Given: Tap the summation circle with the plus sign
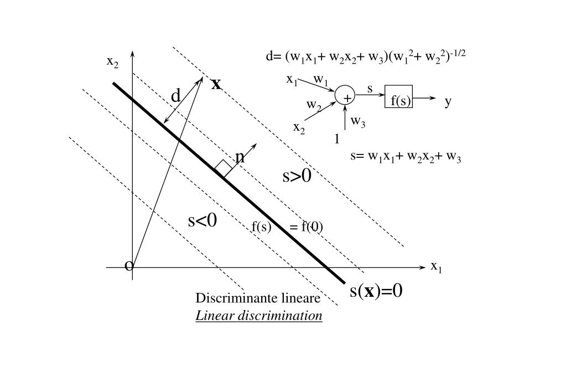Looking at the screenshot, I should pos(345,95).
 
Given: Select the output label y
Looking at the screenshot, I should pos(448,101).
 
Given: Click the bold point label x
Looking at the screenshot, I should pos(216,84).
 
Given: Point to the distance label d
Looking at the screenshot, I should pos(175,96).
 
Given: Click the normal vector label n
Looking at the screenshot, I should pos(240,157).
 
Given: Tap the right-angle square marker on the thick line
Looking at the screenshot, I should pos(224,168).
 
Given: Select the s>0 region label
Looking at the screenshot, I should pos(297,176).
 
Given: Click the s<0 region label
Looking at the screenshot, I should pos(202,220).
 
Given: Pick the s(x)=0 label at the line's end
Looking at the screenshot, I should pos(376,290).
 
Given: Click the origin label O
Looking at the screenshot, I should pos(129,266).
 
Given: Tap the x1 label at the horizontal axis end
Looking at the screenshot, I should pos(437,266).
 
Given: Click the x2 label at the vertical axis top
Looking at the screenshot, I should pos(112,62).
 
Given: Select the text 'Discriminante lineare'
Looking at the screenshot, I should pos(258,298).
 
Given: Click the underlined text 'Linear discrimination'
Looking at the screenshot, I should pos(258,316).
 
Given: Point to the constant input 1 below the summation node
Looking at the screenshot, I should pos(337,139).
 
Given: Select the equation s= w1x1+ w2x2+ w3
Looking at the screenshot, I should pos(406,156).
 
